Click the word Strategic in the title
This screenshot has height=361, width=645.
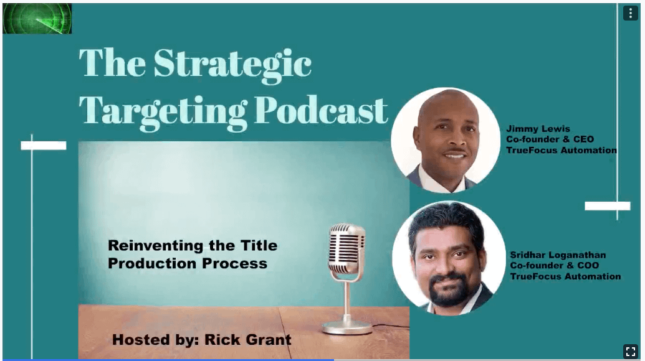(232, 63)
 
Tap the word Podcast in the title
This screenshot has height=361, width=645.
(321, 110)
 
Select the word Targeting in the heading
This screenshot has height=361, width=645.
(163, 112)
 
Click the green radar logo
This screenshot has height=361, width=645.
(37, 19)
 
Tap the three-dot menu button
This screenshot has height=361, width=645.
(630, 13)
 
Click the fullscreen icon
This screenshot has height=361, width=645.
(631, 351)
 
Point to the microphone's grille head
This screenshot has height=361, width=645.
(347, 249)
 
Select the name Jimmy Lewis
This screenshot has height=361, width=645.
(538, 129)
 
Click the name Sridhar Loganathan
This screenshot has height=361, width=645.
(558, 255)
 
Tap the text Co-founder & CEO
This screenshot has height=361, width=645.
(550, 139)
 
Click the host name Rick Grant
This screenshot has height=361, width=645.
(247, 340)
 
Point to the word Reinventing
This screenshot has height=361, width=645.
(156, 246)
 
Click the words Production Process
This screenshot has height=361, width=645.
(188, 263)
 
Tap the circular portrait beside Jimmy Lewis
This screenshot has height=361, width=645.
(446, 140)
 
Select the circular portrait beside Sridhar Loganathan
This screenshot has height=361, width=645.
(449, 258)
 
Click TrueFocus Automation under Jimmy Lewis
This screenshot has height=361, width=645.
(561, 151)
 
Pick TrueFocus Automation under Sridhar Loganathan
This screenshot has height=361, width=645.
(566, 276)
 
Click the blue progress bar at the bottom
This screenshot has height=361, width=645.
(168, 360)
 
